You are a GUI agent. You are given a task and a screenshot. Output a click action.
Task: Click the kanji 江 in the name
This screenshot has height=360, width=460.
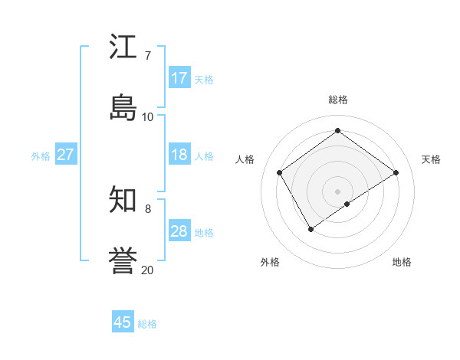point(123,47)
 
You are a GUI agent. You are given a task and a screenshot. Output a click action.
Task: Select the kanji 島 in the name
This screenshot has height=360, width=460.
point(123,108)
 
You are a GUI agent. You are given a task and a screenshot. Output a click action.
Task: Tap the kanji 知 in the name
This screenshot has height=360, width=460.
point(123,200)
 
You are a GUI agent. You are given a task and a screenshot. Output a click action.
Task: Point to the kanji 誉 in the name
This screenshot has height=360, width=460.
point(123,261)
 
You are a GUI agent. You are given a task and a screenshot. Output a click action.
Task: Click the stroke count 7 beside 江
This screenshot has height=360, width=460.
point(147,55)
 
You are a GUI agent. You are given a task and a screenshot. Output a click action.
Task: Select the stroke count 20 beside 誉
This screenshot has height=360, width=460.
point(147,270)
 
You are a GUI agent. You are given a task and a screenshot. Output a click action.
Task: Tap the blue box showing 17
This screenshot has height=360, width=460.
point(179,78)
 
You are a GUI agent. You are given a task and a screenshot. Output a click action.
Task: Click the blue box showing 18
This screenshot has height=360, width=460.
point(179,155)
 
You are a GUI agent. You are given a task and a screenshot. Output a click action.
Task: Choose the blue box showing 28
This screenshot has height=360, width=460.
point(179,231)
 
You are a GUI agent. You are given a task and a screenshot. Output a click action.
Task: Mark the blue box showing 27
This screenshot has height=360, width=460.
point(65,155)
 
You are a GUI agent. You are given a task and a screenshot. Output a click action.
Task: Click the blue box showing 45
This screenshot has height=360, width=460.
point(123,322)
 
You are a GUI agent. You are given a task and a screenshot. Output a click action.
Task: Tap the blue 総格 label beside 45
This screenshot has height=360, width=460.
point(147,324)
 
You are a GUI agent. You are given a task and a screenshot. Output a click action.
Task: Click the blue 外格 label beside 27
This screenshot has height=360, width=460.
point(41,156)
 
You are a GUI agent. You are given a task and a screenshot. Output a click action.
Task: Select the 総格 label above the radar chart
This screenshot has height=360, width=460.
point(338,100)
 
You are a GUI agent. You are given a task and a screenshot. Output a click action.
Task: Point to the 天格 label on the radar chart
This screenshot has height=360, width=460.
point(432,159)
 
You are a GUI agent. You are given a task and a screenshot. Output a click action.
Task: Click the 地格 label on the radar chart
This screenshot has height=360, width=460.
point(402,262)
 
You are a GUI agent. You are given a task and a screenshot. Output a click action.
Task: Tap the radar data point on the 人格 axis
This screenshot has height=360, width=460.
point(280,172)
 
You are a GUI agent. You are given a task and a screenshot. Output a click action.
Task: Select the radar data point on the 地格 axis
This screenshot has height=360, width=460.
point(347,204)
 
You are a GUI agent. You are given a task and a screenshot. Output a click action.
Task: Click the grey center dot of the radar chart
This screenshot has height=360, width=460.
point(337,191)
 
